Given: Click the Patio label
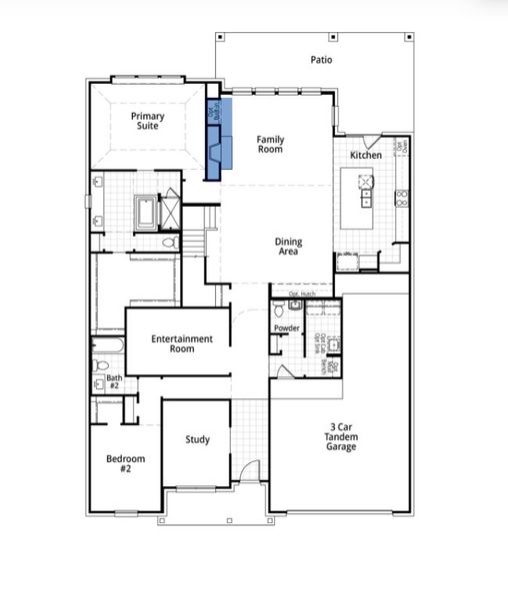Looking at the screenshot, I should (321, 60).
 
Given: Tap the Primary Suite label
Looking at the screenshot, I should (148, 122).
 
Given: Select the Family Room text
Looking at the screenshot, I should (270, 145).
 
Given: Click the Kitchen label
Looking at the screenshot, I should (365, 157).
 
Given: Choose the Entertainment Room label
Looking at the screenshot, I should (182, 344).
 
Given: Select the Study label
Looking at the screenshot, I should (197, 439).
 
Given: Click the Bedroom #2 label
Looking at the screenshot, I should (126, 464).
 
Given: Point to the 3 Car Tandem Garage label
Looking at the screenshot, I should (340, 436).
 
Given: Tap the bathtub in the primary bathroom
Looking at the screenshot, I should (147, 211).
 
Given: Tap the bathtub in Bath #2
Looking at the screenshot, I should (105, 350).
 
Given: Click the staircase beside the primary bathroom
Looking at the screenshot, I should (211, 240).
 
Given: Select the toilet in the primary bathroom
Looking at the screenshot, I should (169, 242).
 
